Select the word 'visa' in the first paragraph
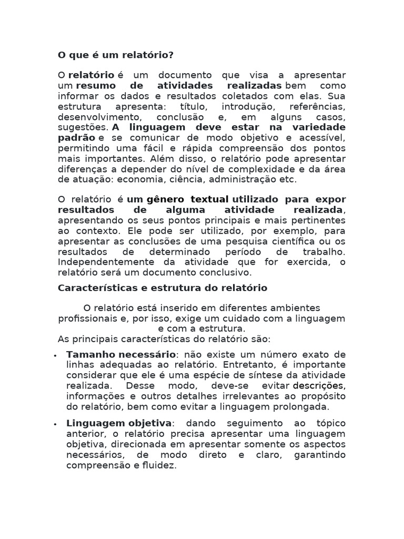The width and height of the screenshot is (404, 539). coord(258,75)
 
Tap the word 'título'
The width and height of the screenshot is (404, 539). coord(180,106)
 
